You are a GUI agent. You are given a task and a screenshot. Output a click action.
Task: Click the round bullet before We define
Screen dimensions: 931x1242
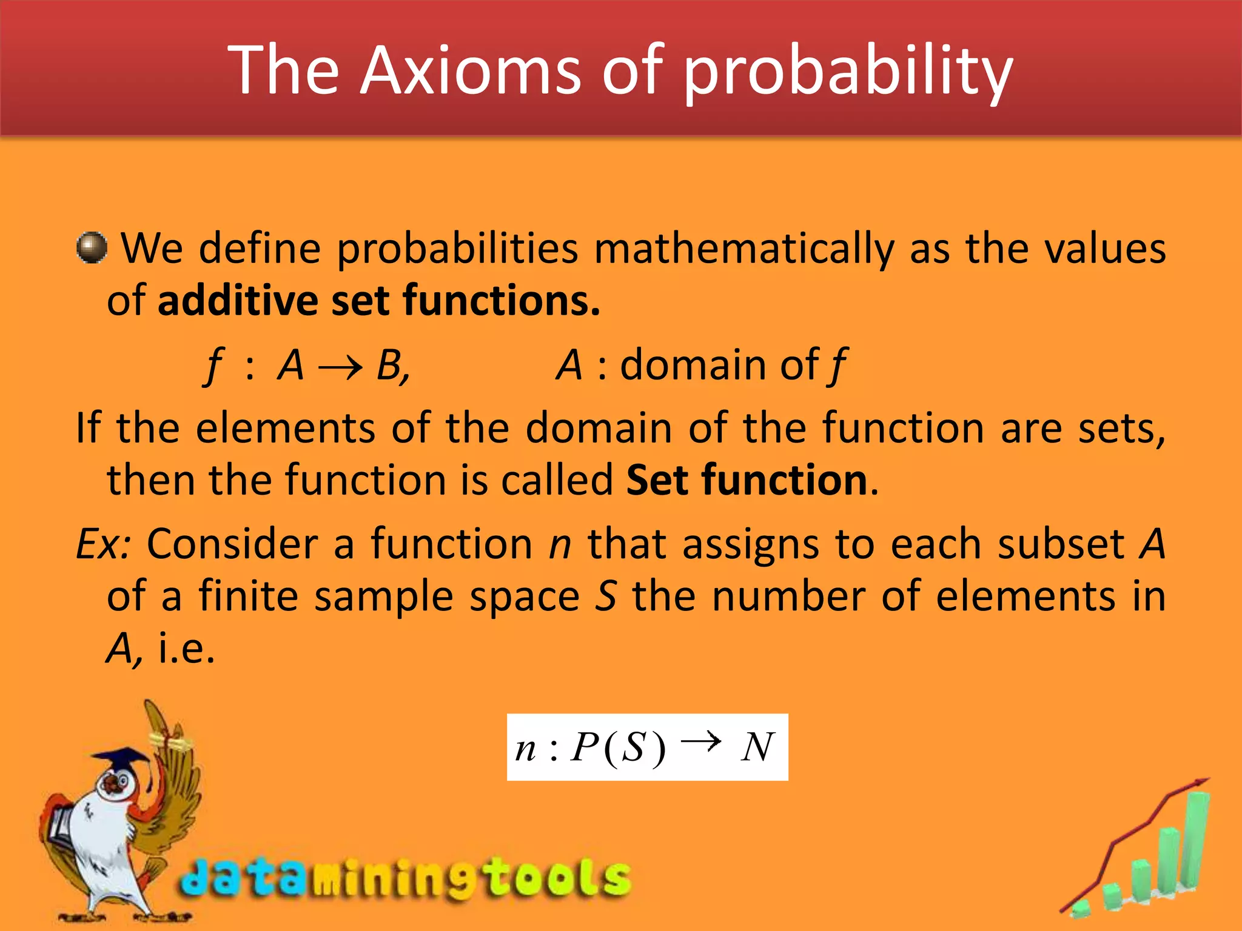coord(92,248)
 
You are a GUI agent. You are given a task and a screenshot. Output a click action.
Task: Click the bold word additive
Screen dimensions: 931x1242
coord(238,301)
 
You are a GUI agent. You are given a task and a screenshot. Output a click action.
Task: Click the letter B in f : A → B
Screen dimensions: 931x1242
coord(390,365)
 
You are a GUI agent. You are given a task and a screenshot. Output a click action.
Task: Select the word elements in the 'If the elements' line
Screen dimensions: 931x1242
coord(285,429)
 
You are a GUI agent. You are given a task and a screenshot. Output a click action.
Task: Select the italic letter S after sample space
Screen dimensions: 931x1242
coord(605,596)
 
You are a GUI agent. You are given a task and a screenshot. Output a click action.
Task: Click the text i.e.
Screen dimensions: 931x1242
coord(186,649)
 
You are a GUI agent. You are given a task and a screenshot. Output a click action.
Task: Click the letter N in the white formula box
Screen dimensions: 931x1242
coord(757,747)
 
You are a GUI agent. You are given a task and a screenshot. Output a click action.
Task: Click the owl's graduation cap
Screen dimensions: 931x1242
coord(121,758)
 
